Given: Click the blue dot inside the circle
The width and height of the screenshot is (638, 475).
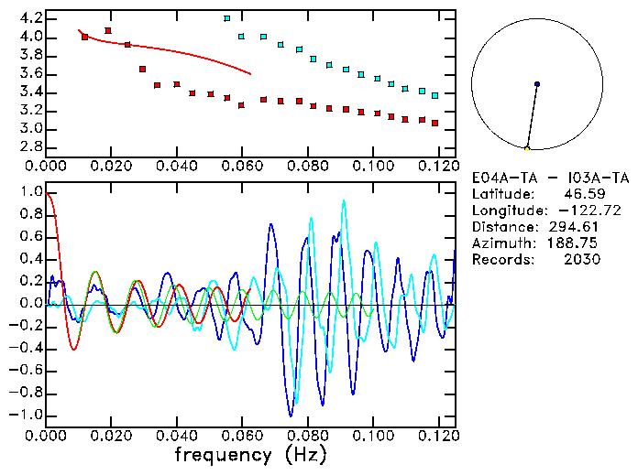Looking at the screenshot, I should (x=536, y=84).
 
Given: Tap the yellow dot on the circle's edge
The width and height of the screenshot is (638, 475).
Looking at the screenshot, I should (x=527, y=148).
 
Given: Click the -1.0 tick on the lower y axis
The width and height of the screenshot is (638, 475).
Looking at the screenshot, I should (x=27, y=415).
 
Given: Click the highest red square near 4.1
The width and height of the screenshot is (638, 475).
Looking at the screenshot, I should (x=108, y=30).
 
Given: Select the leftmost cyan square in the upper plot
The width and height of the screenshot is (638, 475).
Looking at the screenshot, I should (x=226, y=18).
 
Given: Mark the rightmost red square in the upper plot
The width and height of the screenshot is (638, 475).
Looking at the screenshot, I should (x=434, y=123).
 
